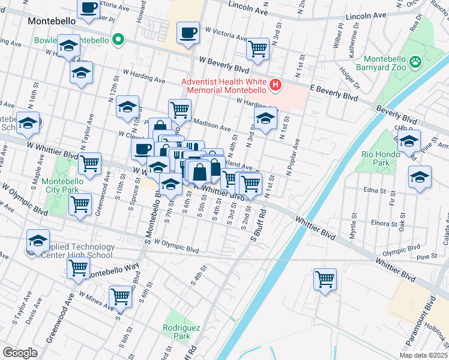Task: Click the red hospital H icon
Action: click(x=276, y=85)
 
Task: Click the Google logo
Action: click(x=20, y=353)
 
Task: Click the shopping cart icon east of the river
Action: click(x=325, y=278)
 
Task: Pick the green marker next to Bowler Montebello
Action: click(x=119, y=40)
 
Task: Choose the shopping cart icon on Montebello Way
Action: click(x=78, y=269)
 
